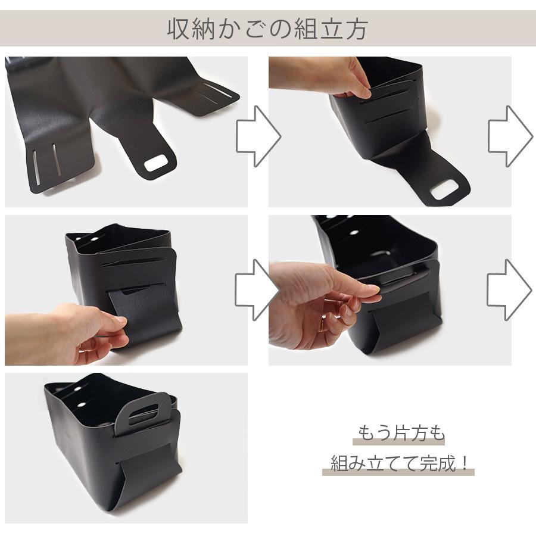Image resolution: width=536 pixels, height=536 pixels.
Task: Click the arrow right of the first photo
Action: click(x=257, y=136)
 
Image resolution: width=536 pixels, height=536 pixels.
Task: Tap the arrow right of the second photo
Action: click(x=509, y=136)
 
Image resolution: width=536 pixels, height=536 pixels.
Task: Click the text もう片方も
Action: click(x=401, y=433)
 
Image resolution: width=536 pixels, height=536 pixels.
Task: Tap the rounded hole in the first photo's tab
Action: click(x=157, y=163)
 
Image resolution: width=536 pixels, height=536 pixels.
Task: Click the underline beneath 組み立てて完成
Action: click(x=398, y=473)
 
